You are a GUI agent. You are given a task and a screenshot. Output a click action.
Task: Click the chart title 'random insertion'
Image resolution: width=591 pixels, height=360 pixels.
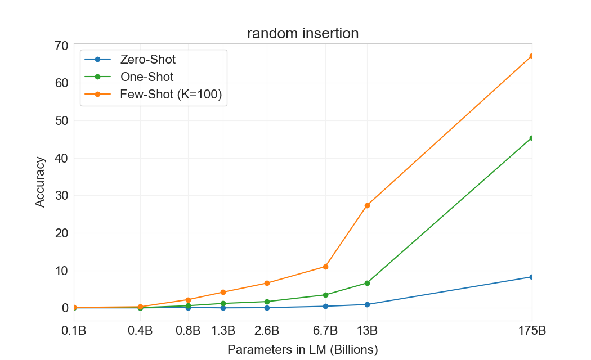coord(303,34)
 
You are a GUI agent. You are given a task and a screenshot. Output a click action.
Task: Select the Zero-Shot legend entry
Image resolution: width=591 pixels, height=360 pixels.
coord(130,59)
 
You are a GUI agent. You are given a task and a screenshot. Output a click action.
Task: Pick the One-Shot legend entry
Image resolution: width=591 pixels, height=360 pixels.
coord(129,77)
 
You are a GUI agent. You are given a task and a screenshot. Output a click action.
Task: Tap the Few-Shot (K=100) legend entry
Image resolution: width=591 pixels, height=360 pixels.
coord(153,94)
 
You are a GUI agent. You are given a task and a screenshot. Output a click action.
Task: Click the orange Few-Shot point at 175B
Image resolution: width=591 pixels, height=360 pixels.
coord(532,56)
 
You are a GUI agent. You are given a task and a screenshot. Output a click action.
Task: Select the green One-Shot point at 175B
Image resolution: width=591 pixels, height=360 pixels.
coord(532,138)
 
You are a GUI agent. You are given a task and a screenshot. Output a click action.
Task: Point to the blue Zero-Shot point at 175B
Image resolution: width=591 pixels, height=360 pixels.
coord(532,277)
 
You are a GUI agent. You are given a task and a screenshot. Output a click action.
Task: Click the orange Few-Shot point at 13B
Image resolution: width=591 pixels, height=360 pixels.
coord(367,206)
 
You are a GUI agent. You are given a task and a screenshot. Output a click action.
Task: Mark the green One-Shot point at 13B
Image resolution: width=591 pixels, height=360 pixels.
coord(367,283)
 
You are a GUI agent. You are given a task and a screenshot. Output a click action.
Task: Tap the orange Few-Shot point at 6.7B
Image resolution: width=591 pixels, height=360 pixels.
coord(325,267)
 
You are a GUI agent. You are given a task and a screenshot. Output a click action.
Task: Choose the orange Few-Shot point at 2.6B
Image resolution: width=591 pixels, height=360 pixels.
coord(267,283)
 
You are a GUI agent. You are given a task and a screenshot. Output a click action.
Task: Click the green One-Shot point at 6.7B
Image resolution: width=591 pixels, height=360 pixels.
coord(325,295)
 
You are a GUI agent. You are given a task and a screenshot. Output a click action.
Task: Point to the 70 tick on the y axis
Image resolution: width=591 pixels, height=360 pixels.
coord(61,46)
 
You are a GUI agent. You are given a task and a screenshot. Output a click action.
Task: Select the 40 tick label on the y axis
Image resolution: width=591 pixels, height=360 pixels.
coord(61,158)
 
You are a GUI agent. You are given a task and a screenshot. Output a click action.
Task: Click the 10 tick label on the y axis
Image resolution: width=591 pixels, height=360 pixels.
coord(61,271)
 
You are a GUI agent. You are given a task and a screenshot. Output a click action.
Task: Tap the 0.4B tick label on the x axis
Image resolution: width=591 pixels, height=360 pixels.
coord(140,331)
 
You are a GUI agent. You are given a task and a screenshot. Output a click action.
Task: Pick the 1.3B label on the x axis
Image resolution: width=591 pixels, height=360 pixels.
coord(223,331)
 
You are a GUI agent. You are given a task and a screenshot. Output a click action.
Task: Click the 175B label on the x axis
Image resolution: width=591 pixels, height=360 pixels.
coord(532,331)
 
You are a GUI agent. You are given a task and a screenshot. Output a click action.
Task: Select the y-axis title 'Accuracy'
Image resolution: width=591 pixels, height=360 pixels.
coord(40,182)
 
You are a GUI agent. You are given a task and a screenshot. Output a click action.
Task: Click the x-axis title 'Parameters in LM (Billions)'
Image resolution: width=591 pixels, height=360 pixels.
coord(303,350)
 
